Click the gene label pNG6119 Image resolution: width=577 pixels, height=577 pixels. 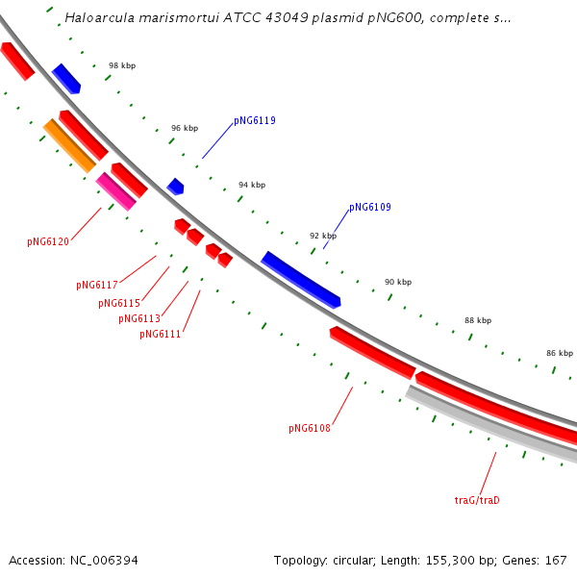255,121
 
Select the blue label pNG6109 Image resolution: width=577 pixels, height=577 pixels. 370,207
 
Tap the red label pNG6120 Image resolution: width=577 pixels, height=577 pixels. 48,241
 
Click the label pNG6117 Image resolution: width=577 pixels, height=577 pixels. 97,285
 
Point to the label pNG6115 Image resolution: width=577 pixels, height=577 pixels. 119,303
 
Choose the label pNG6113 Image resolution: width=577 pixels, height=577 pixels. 139,318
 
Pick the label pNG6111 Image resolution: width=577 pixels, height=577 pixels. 160,334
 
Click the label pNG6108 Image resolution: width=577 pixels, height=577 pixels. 310,428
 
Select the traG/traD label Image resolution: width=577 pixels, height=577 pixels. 478,500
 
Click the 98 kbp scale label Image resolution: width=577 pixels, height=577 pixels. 122,65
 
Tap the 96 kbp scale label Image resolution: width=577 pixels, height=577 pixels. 185,128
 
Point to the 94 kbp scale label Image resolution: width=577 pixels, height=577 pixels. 252,185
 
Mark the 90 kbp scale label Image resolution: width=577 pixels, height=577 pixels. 398,282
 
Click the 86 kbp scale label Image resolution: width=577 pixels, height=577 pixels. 560,353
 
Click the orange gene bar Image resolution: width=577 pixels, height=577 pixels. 69,145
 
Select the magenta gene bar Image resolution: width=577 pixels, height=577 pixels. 116,190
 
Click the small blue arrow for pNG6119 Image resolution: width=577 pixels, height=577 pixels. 175,186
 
